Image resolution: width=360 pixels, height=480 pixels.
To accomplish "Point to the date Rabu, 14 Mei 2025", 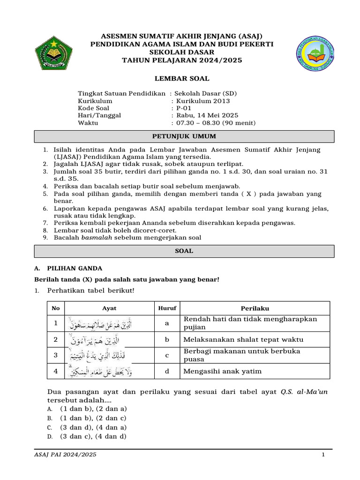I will click(x=207, y=115).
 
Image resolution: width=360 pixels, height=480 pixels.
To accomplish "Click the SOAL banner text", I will click(x=184, y=251).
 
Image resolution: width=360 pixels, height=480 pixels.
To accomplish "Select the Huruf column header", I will click(x=167, y=308).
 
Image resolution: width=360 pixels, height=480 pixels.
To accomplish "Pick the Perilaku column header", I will click(x=255, y=308).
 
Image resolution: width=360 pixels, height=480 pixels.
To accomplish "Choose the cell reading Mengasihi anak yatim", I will click(x=223, y=371).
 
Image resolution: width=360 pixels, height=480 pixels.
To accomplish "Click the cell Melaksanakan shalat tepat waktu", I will click(x=243, y=339).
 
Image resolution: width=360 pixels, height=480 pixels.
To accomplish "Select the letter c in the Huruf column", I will click(x=167, y=355).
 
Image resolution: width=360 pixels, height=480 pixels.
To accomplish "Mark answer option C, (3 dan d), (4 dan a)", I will click(x=93, y=427).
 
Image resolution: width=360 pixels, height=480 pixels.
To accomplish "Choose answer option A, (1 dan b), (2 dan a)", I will click(x=93, y=409).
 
